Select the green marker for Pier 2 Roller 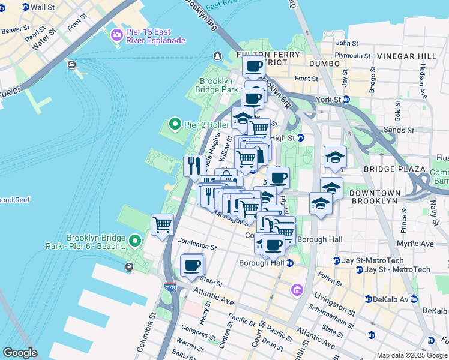pos(175,124)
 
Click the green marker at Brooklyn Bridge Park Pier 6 pos(135,241)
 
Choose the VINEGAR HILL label pos(406,56)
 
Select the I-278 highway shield pos(170,288)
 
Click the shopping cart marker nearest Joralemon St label pos(162,225)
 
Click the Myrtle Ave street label pos(418,244)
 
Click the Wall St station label pos(42,7)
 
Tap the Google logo pos(20,353)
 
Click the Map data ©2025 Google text pos(412,355)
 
